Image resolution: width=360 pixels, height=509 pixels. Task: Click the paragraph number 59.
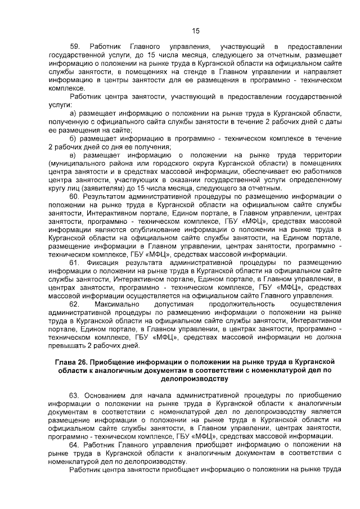75,45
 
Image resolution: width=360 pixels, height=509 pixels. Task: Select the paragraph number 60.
75,197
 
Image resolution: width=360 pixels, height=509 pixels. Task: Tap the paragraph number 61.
75,263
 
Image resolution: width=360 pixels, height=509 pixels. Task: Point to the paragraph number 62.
75,304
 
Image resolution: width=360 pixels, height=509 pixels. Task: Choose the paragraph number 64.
75,443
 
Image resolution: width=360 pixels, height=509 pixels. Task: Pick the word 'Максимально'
118,304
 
